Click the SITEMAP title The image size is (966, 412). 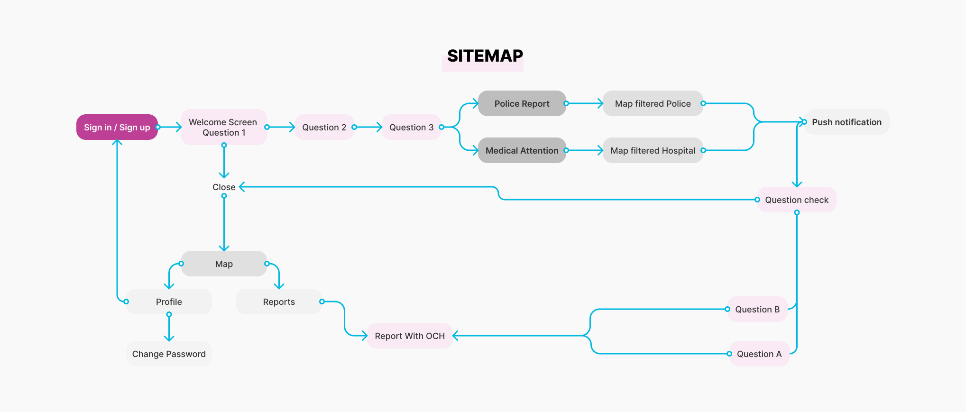[485, 56]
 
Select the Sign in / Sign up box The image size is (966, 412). [117, 127]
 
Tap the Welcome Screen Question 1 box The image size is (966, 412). [223, 127]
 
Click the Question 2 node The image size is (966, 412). [324, 127]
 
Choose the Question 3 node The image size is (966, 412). [411, 127]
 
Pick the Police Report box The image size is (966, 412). [522, 103]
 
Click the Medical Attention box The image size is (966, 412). [522, 150]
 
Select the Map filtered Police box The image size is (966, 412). [653, 103]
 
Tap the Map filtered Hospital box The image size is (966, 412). [653, 150]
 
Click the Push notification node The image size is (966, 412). [846, 122]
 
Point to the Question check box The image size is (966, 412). [797, 200]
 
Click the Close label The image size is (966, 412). [224, 187]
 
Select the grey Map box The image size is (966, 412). [224, 264]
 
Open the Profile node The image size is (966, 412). [169, 302]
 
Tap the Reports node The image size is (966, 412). [279, 302]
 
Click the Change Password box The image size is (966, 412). [169, 354]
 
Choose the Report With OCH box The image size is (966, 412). [410, 336]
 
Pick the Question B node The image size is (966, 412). [757, 309]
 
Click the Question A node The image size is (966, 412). [759, 354]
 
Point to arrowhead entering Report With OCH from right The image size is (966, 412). [456, 336]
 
